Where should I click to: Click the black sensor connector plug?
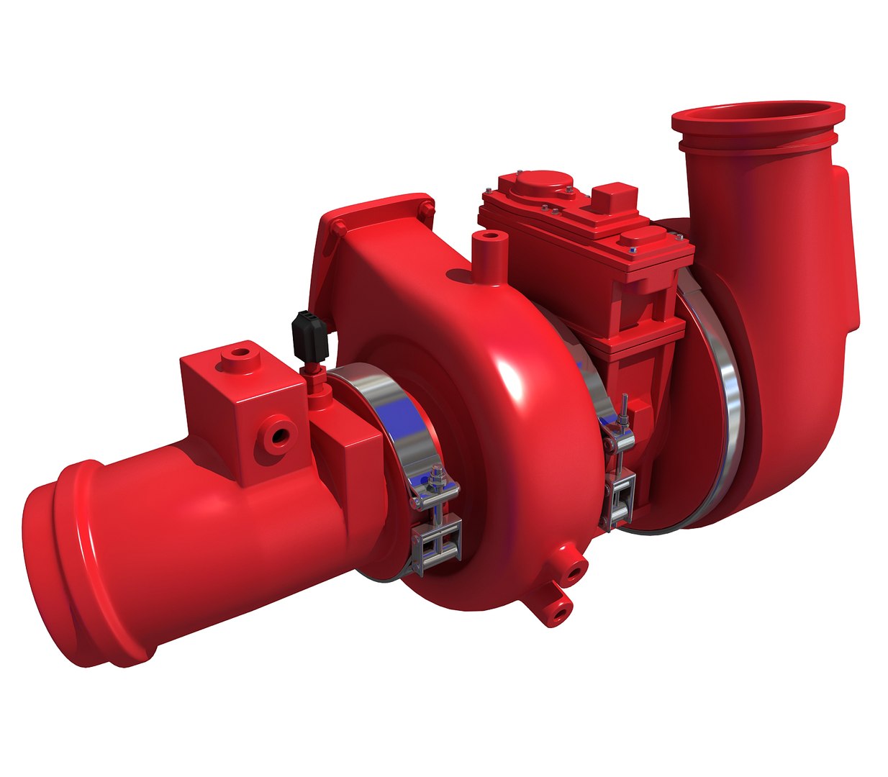click(307, 335)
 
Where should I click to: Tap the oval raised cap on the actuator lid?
click(640, 241)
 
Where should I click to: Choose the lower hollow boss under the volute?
click(556, 609)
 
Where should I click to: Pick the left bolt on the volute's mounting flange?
click(337, 229)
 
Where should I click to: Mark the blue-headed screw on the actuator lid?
click(633, 250)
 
